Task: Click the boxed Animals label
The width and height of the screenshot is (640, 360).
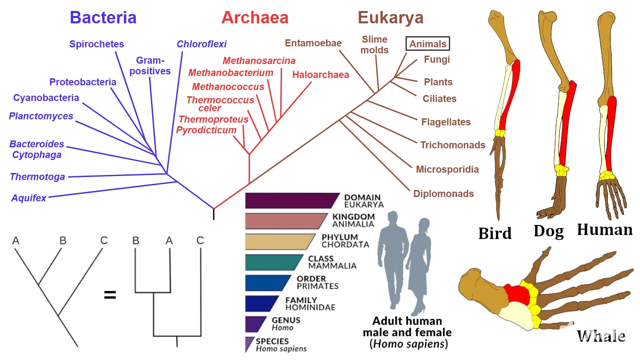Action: (x=428, y=44)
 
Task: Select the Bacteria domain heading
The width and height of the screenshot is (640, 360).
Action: (x=103, y=18)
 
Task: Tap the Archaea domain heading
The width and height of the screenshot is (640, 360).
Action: (x=255, y=18)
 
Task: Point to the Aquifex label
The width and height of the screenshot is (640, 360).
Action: (x=29, y=198)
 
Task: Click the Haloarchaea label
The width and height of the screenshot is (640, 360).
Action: (x=321, y=75)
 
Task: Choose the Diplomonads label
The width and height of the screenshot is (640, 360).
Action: (x=443, y=194)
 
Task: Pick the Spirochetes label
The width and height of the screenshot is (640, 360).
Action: (x=96, y=44)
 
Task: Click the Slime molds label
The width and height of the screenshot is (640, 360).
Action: (x=375, y=45)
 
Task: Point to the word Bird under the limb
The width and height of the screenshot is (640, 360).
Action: (x=495, y=233)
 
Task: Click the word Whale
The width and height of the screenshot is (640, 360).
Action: (x=601, y=336)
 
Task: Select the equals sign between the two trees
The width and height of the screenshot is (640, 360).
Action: (x=110, y=295)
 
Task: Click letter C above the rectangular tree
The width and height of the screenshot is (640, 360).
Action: (x=200, y=240)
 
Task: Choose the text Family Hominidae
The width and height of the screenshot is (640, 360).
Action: (x=310, y=304)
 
